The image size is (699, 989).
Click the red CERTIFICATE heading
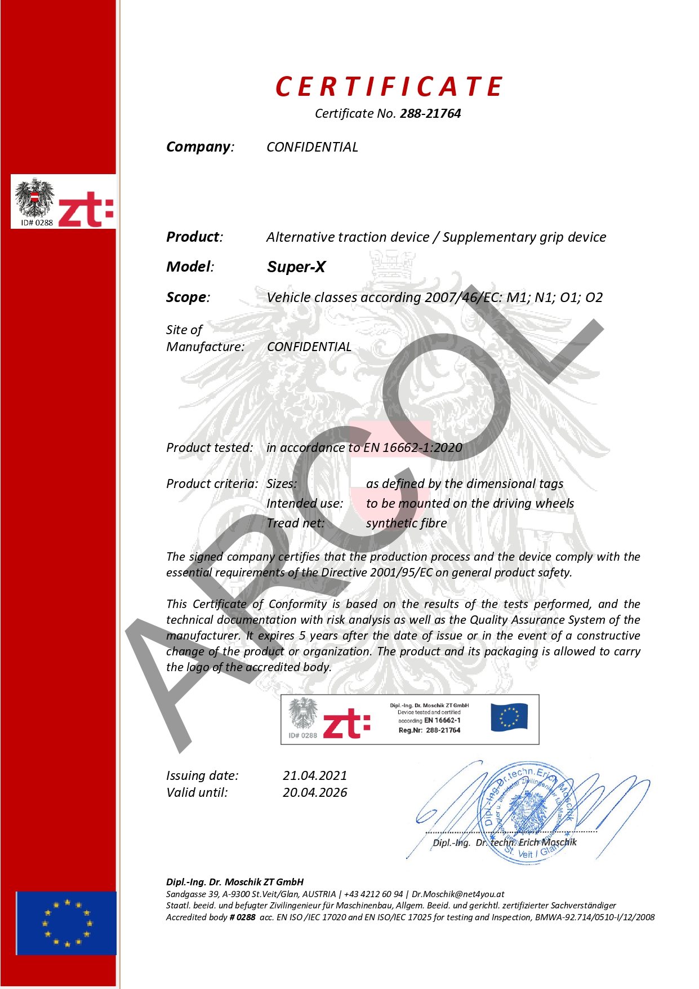[389, 87]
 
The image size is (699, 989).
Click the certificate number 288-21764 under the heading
[430, 114]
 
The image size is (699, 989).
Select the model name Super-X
[296, 267]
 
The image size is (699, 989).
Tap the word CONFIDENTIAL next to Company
[312, 147]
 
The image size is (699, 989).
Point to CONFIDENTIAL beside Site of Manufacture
[309, 347]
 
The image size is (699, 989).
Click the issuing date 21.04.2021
[315, 776]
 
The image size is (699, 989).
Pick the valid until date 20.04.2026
[315, 793]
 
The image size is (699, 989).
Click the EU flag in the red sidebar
[66, 923]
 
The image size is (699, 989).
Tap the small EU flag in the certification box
[509, 717]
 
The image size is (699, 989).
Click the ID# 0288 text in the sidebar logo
[37, 223]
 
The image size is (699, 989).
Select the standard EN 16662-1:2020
[413, 448]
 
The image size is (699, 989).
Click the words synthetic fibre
[406, 524]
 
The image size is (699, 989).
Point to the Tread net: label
[296, 524]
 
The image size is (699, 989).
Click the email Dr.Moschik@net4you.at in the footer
[458, 894]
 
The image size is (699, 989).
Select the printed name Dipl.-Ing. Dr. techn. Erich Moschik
[504, 843]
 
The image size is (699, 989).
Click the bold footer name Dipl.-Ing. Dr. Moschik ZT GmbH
[235, 882]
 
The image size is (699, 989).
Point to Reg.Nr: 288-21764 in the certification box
[429, 730]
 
